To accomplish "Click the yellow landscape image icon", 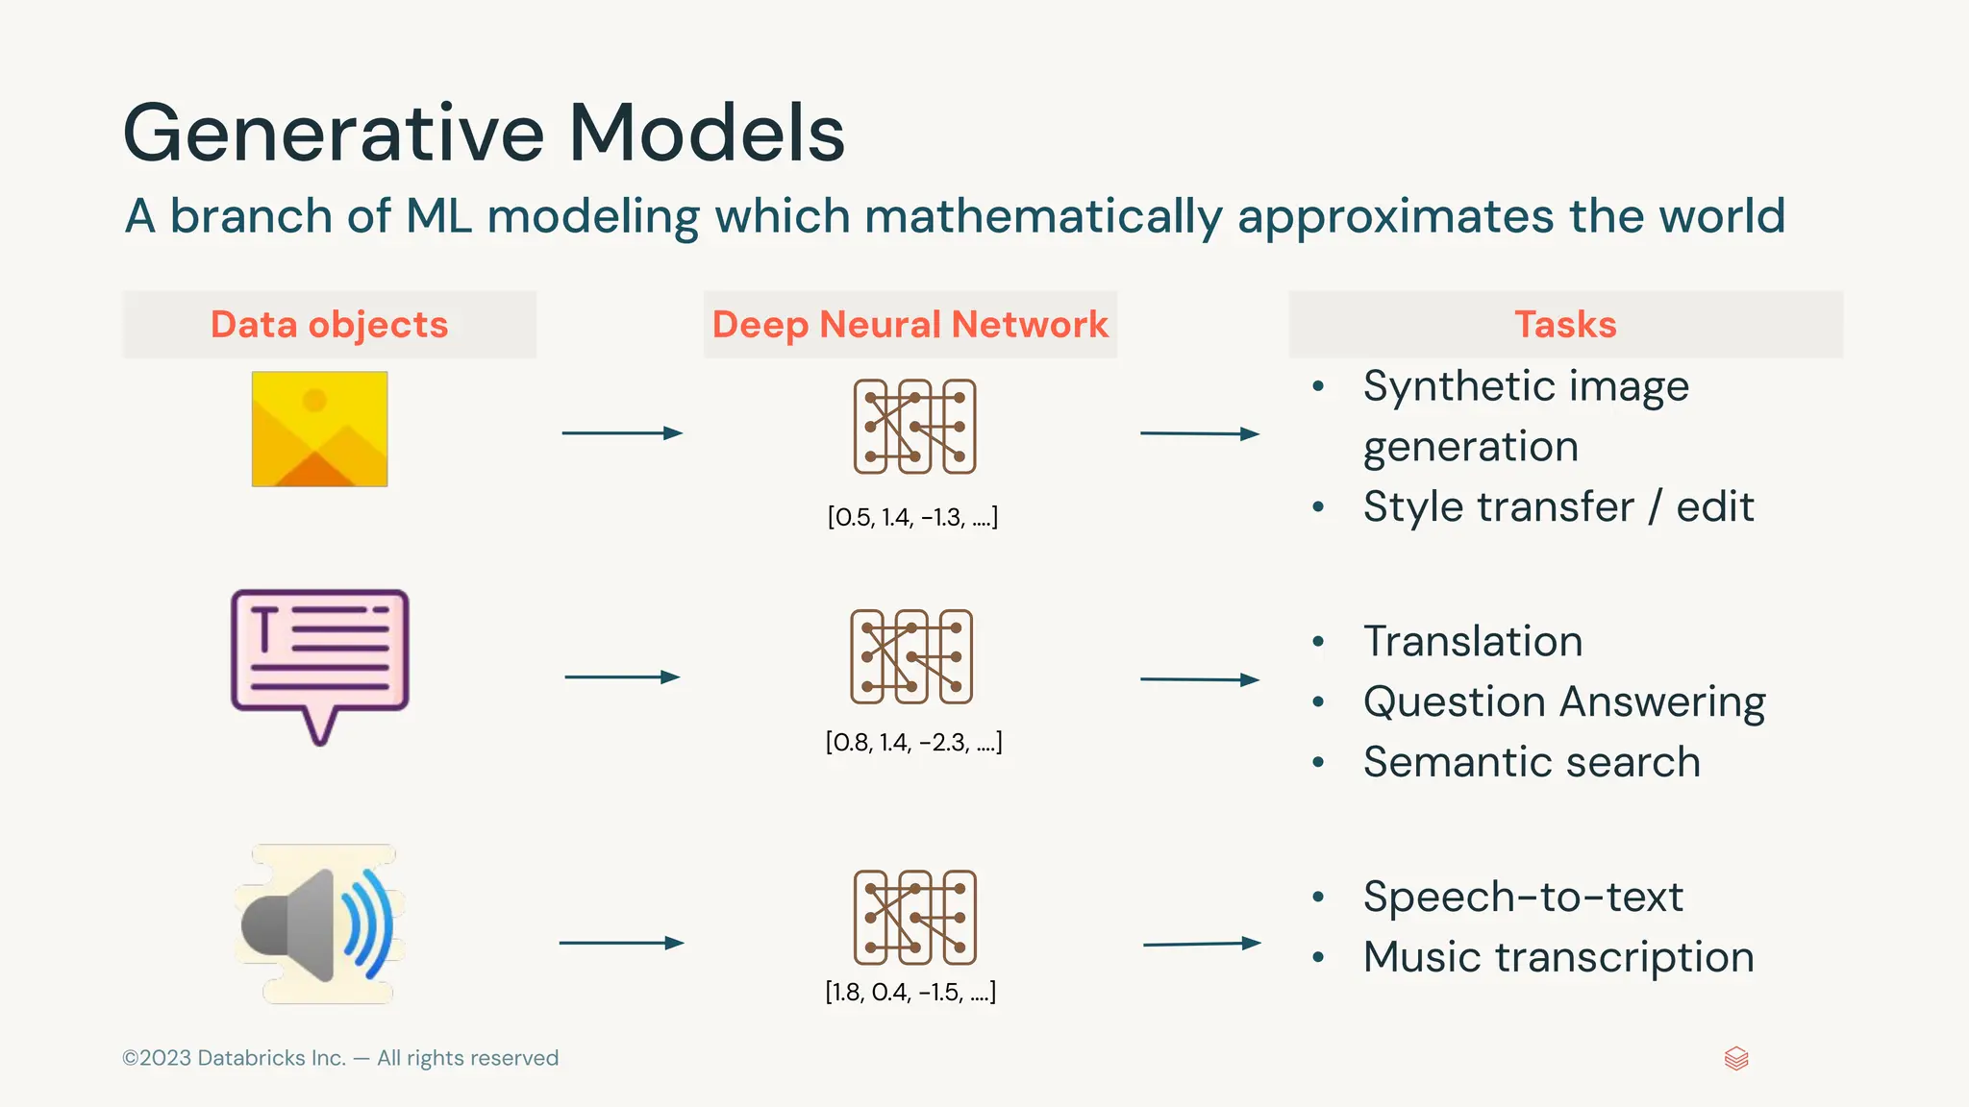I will point(319,429).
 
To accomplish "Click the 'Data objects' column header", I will point(329,325).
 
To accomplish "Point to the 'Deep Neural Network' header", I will point(910,325).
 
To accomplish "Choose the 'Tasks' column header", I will point(1565,325).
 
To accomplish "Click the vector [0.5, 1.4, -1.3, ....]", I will point(912,518).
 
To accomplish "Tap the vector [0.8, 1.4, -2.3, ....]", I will point(913,743).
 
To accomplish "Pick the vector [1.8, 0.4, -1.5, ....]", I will point(910,993).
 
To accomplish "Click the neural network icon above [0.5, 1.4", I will point(914,427).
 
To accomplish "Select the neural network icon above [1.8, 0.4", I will point(914,918).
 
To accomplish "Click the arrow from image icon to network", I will point(622,433).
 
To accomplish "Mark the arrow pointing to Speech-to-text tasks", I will point(1201,944).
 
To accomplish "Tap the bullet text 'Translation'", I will point(1472,641).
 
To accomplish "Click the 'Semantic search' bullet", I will point(1531,762).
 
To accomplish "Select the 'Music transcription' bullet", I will point(1558,957).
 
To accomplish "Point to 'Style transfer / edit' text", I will point(1558,506).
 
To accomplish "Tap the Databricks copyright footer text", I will point(340,1058).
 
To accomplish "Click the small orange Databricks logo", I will point(1736,1059).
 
